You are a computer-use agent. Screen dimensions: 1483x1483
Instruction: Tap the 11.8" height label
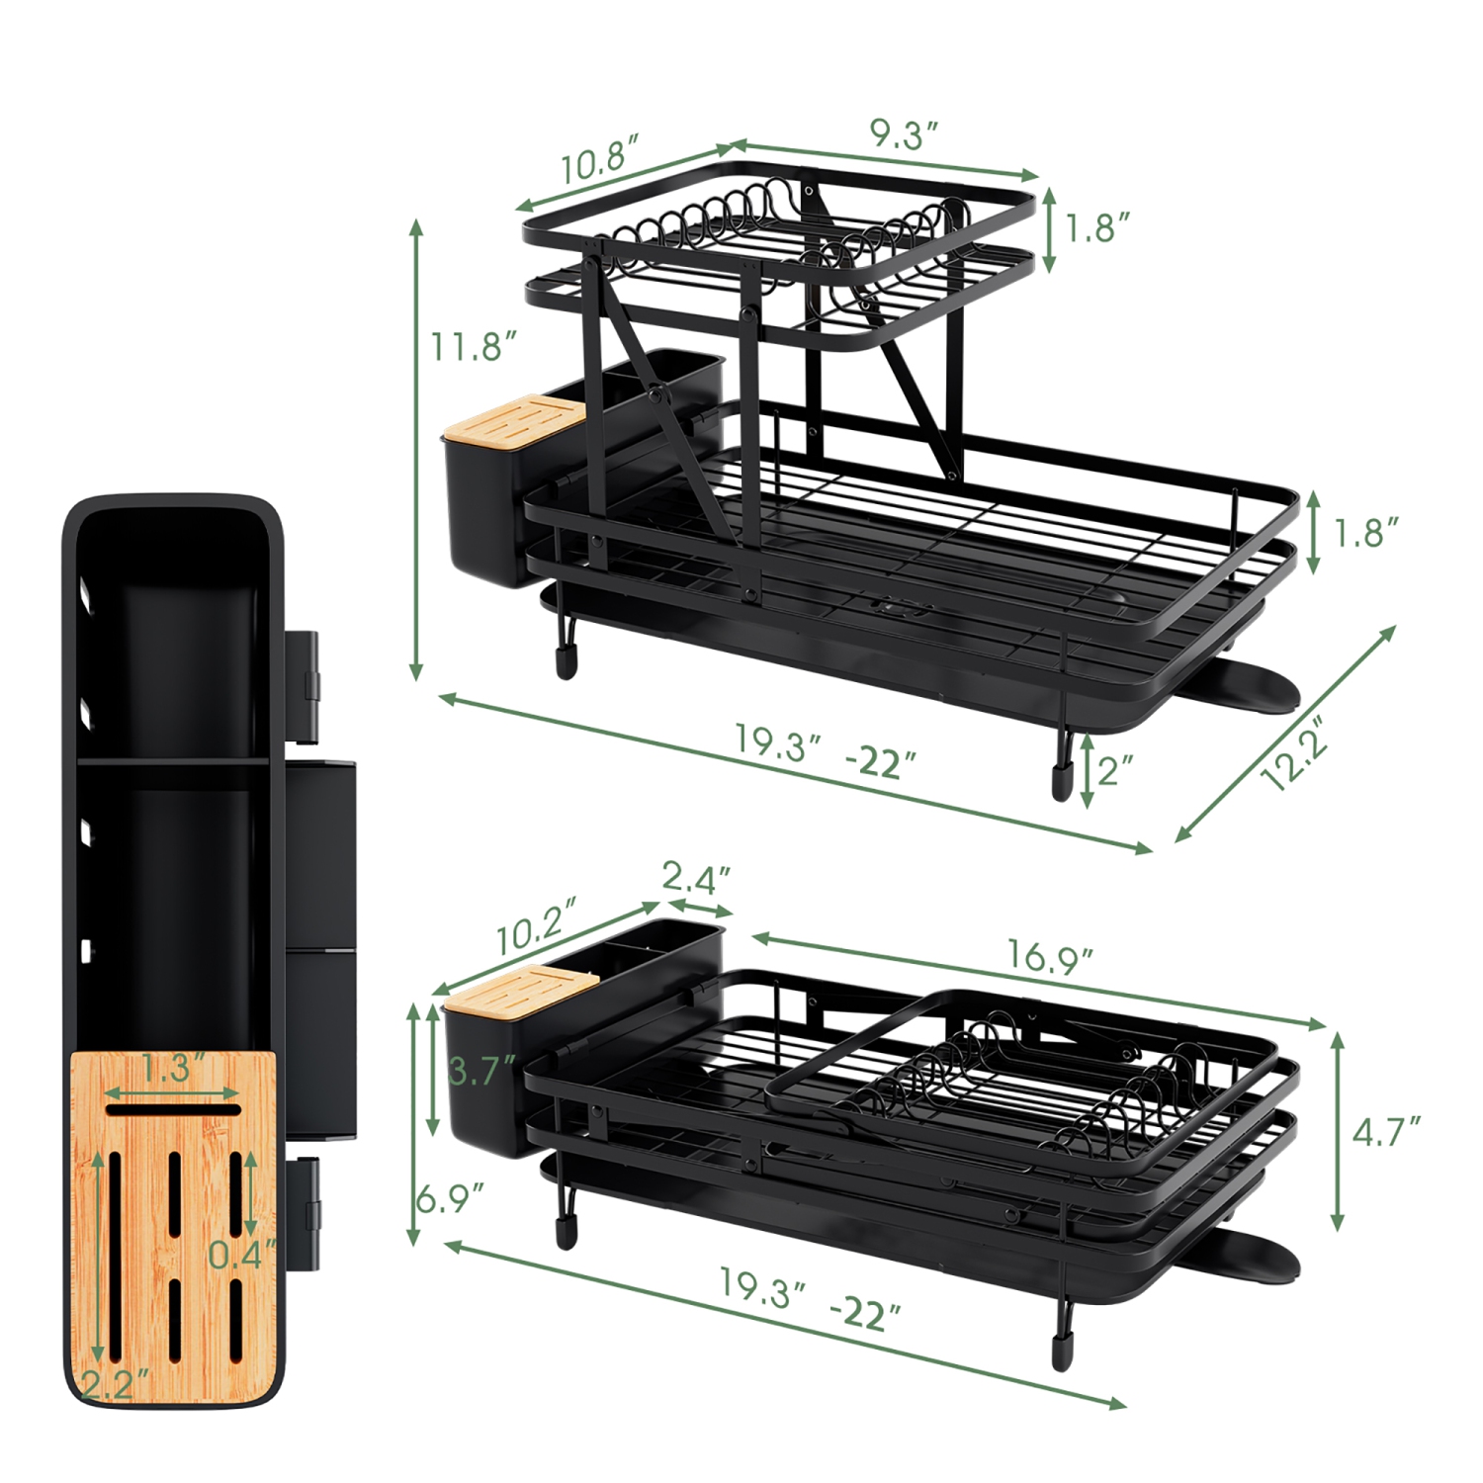point(474,347)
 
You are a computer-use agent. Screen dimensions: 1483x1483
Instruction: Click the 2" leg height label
point(1115,768)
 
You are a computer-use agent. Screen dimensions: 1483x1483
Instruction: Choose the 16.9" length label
point(1049,957)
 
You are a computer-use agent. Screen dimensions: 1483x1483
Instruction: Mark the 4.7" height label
point(1386,1131)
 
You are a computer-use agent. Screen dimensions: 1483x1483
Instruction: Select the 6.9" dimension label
point(449,1198)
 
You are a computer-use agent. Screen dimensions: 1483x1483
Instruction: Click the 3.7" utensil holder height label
point(481,1070)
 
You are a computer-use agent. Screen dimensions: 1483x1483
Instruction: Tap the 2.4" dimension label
point(696,877)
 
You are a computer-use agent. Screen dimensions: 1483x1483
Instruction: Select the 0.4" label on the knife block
point(241,1255)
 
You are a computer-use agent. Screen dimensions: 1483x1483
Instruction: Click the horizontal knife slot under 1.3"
point(173,1110)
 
